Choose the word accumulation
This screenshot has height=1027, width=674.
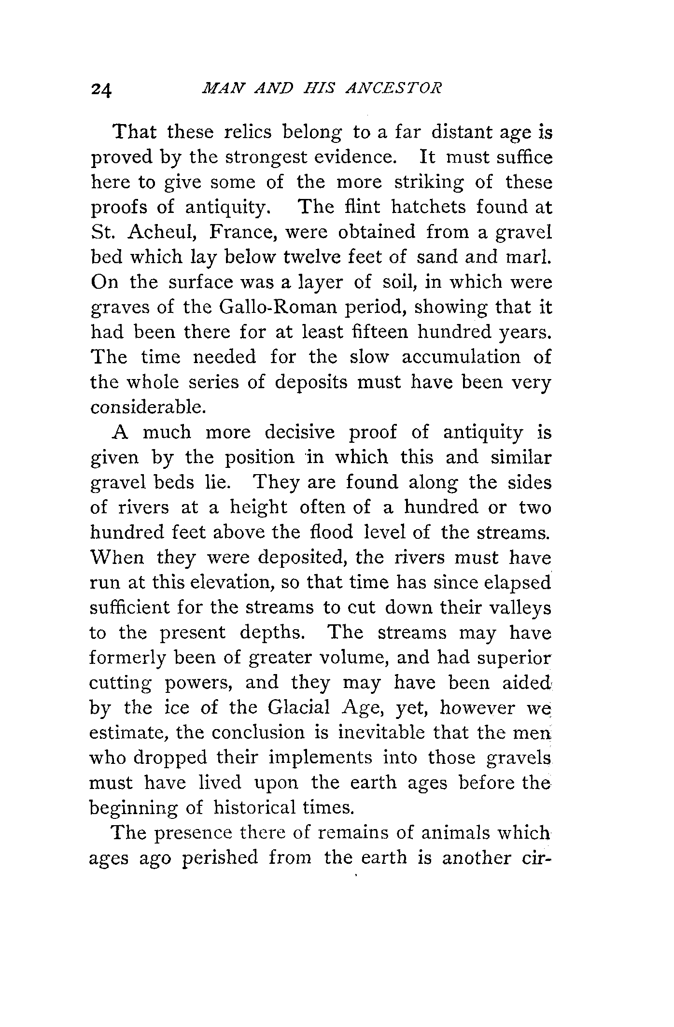click(x=461, y=357)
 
